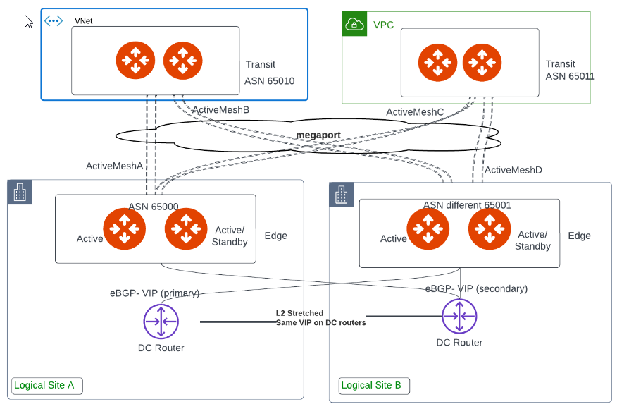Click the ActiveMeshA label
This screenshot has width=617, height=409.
(x=114, y=166)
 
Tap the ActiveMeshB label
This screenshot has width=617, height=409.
(x=220, y=109)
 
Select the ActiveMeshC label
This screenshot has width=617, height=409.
(x=415, y=112)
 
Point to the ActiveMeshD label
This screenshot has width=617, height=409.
(x=513, y=170)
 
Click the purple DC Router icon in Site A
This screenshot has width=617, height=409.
(x=161, y=322)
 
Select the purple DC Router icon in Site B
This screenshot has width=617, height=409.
(x=459, y=317)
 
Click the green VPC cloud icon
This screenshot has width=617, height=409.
(x=353, y=25)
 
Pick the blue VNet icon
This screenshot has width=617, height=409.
(x=54, y=20)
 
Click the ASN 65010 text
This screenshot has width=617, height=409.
(x=270, y=80)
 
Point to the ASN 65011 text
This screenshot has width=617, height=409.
(x=570, y=75)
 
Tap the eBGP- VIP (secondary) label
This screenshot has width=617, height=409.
(x=476, y=288)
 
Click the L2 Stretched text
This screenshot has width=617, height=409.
(x=299, y=312)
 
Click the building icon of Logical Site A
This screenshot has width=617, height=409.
(x=20, y=192)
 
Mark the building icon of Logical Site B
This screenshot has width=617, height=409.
(x=342, y=195)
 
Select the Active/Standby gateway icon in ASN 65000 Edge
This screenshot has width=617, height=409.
(x=186, y=229)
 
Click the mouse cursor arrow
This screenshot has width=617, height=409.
(x=28, y=21)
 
